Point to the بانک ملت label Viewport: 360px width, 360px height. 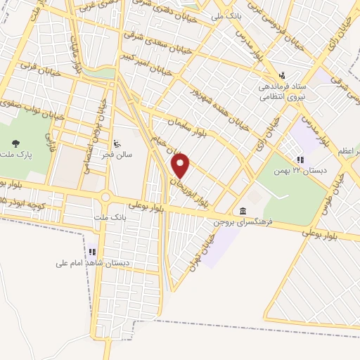108,218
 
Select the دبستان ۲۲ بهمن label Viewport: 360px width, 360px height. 302,171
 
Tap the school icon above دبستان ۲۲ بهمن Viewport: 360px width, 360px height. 300,160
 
